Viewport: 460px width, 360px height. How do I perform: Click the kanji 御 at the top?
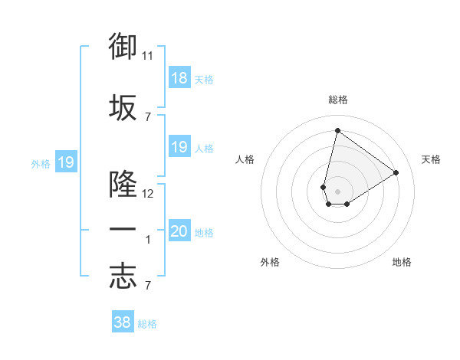coord(123,47)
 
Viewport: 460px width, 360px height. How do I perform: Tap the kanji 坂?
coord(123,108)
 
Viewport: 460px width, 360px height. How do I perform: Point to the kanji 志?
coord(123,277)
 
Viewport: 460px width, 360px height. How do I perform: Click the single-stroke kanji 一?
coord(123,230)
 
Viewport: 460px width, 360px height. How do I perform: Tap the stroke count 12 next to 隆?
coord(148,194)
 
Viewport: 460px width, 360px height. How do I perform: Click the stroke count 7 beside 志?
coord(147,286)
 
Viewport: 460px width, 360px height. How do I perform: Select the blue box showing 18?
coord(179,78)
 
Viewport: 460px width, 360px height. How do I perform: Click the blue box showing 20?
coord(179,231)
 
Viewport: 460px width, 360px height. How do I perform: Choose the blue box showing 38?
coord(122,322)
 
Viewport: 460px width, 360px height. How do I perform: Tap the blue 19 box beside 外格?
coord(66,162)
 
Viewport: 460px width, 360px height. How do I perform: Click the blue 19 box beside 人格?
coord(179,147)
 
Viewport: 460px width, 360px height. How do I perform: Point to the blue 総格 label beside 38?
coord(147,324)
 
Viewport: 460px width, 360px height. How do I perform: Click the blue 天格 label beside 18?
coord(204,79)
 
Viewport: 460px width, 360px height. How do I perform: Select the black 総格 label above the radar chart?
coord(337,100)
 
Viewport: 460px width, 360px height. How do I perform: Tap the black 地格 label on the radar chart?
coord(402,262)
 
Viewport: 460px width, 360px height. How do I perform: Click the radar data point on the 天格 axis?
coord(396,172)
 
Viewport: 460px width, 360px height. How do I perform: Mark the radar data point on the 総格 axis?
coord(337,130)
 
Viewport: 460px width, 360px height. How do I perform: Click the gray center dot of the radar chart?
coord(337,191)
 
